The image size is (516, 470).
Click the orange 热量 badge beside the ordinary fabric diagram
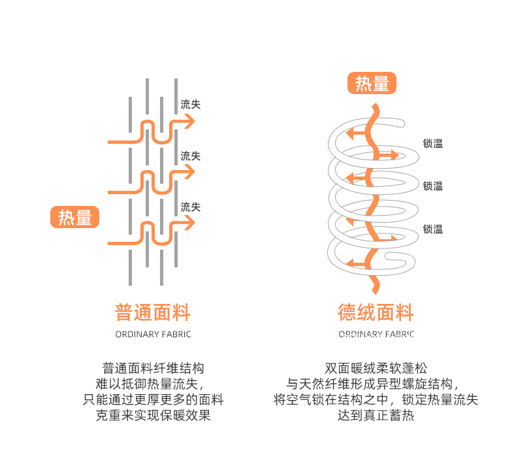74,218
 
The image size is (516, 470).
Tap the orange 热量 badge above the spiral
372,84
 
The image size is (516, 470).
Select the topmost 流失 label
190,105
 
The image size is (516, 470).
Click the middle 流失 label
190,156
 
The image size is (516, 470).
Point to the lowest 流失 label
190,207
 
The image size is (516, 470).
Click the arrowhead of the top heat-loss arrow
189,122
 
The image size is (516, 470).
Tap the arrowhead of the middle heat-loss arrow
189,173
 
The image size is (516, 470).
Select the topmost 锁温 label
432,144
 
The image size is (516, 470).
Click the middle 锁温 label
432,186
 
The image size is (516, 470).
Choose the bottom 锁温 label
432,229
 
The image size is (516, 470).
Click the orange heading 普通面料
153,312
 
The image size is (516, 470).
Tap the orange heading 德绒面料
376,312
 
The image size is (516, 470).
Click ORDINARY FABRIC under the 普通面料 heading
153,335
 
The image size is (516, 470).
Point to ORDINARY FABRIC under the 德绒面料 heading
376,335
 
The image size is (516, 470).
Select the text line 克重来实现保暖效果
153,415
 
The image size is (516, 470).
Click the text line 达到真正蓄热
376,415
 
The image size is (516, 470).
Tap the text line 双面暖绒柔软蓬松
376,369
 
